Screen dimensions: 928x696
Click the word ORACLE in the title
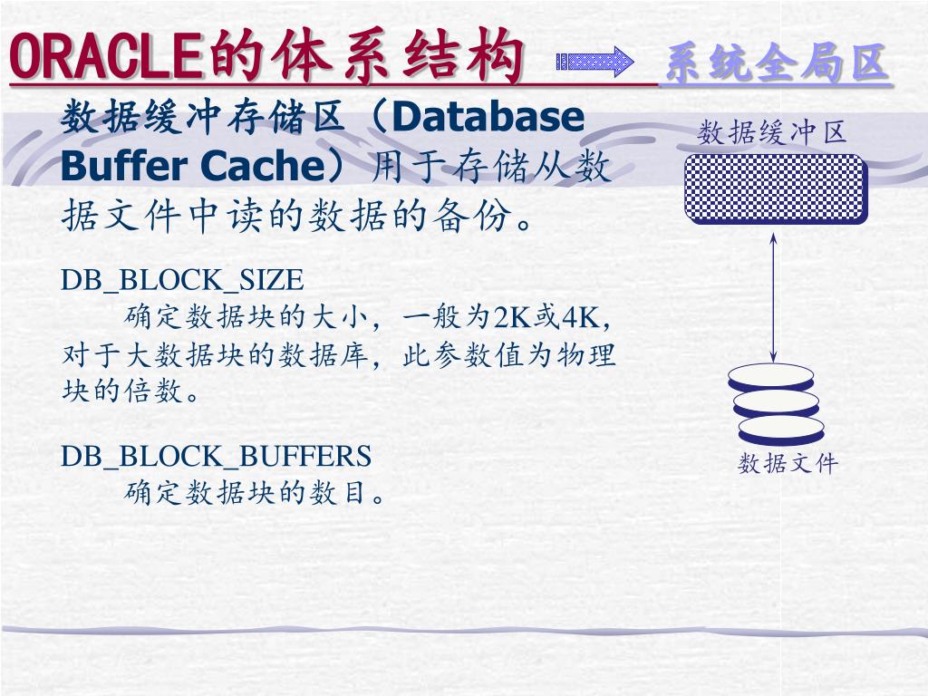click(105, 55)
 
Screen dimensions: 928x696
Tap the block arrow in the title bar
click(594, 62)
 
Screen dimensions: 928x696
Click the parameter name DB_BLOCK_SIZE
click(182, 278)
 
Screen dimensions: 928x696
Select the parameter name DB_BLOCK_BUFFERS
click(217, 455)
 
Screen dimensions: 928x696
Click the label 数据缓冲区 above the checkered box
click(772, 134)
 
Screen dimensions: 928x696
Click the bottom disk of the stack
click(780, 427)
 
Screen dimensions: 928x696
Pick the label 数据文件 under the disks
click(788, 464)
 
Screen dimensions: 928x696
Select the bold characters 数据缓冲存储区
click(204, 118)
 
